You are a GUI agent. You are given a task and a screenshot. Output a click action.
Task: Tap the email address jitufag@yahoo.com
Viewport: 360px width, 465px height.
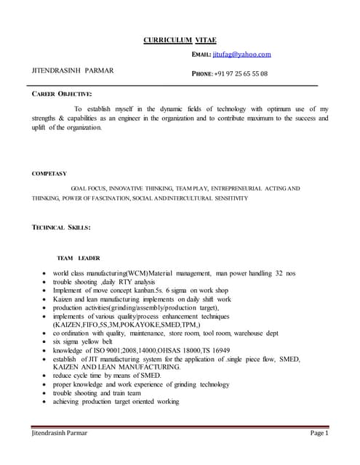point(241,54)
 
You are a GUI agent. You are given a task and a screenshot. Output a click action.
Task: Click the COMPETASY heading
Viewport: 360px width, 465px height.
point(49,174)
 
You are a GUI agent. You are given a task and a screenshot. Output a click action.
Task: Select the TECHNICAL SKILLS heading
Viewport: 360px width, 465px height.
point(61,227)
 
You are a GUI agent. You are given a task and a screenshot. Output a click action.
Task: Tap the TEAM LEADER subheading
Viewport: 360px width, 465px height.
point(79,258)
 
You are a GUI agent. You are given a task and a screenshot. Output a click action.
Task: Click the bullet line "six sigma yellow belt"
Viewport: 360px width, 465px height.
point(83,341)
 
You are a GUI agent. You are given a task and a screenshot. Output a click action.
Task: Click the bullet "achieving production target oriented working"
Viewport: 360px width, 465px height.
point(116,401)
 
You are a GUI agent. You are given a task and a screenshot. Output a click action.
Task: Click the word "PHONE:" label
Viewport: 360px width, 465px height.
point(201,74)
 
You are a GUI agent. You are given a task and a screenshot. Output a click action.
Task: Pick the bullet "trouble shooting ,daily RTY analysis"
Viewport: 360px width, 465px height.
point(104,282)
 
